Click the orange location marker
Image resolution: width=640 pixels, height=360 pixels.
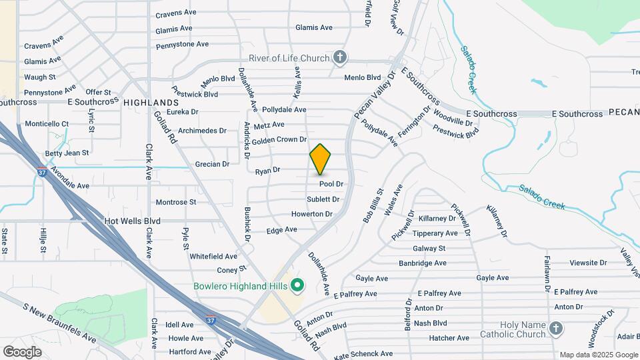320,159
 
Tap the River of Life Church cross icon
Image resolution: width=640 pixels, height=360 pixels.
340,58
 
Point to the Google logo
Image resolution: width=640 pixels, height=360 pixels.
22,352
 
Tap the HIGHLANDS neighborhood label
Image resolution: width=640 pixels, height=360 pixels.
151,102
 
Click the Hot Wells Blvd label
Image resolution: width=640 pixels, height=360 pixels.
133,220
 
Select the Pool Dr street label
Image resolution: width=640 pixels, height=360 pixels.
331,184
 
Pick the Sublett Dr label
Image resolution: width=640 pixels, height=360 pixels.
323,199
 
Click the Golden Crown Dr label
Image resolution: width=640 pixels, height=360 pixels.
279,140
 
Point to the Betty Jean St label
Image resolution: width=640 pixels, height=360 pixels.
67,153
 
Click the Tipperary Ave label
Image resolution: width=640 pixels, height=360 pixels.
435,233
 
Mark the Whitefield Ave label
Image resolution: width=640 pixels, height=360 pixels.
213,256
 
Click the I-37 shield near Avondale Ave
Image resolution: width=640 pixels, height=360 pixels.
42,172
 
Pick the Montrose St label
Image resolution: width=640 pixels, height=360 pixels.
175,202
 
